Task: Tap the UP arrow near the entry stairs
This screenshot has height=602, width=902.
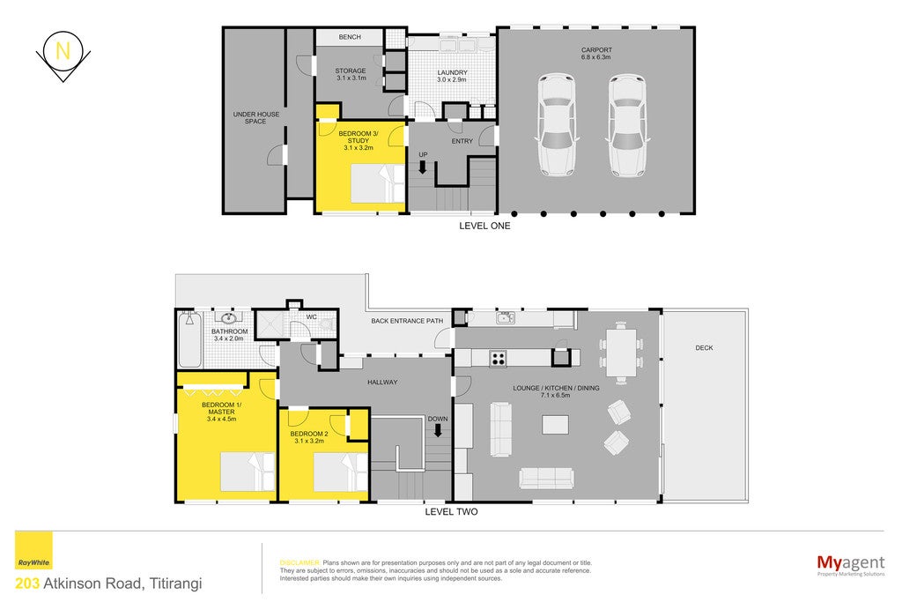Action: pos(422,167)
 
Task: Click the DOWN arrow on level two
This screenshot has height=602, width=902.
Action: pos(438,430)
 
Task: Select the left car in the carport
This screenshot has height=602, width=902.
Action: pos(557,124)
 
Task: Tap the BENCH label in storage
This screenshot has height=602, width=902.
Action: pos(350,37)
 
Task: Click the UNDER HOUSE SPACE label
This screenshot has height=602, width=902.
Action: pos(256,118)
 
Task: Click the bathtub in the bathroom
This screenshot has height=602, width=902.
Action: pos(189,339)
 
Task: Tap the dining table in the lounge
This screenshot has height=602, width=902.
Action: pos(621,353)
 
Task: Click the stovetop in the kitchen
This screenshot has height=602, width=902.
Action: pos(499,358)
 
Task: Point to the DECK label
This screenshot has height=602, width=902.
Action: pos(704,347)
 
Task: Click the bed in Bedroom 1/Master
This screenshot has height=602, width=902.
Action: pos(248,472)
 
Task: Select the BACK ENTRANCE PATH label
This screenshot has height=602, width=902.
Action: pos(407,321)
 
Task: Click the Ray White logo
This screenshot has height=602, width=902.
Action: pos(33,551)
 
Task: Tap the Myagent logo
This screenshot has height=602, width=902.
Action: pos(851,564)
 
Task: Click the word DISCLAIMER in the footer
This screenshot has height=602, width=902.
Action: pos(299,563)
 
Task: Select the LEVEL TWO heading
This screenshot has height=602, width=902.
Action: pos(451,511)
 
